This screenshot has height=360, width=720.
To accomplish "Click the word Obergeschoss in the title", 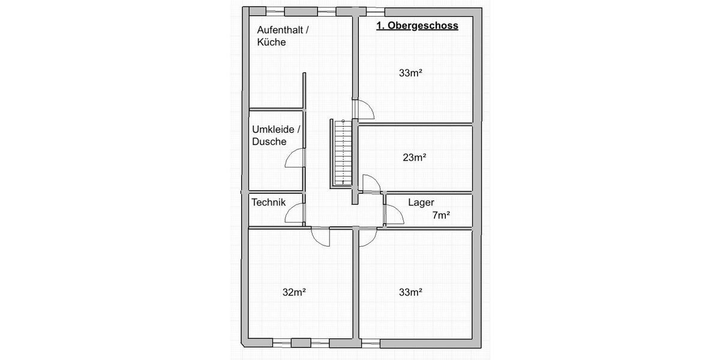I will tap(424, 26).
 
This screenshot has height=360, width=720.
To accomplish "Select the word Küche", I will tap(271, 43).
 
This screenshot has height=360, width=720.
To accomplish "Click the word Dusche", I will tap(269, 142).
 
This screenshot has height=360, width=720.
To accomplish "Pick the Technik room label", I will tap(268, 202).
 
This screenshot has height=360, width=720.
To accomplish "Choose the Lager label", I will tap(421, 202).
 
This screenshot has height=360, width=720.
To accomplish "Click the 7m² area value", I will tap(442, 215).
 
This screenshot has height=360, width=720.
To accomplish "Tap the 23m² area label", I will tap(414, 158).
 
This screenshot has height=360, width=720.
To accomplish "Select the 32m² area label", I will tap(295, 293).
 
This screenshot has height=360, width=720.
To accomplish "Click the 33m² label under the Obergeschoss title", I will tap(411, 73).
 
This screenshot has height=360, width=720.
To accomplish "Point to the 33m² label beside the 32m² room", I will tap(411, 293).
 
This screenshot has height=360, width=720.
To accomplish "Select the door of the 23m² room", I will tap(371, 184).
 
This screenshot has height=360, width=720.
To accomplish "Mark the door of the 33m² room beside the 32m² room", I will tap(367, 238).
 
